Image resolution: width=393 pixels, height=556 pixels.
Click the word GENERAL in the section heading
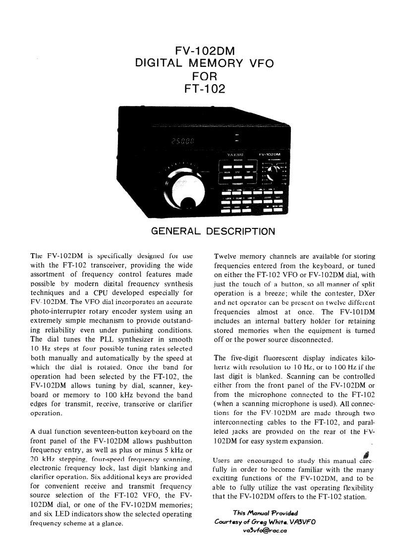[175, 231]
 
